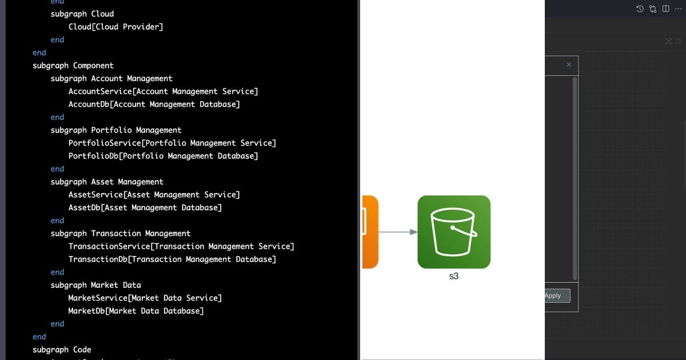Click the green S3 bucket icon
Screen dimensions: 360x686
[454, 232]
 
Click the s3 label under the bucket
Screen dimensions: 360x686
[454, 277]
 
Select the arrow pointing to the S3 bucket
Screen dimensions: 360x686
[398, 232]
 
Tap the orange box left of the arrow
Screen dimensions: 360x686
[370, 232]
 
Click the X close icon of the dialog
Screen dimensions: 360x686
[569, 65]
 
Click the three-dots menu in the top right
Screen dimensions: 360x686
[678, 9]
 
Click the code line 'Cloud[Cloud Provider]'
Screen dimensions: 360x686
[115, 27]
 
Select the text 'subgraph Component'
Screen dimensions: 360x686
[73, 66]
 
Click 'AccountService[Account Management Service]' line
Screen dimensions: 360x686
[163, 91]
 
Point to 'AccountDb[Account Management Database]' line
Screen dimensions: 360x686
[154, 105]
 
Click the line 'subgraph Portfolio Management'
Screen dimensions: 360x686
[116, 130]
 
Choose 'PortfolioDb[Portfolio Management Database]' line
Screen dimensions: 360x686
[163, 156]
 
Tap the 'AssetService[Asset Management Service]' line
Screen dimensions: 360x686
[154, 195]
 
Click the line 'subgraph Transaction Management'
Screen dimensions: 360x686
[121, 234]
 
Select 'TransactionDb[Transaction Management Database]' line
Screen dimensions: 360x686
[172, 259]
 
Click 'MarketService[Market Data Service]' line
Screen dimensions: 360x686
[145, 298]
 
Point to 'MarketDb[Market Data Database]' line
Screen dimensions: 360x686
[135, 311]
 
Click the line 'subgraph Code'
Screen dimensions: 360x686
[62, 350]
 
